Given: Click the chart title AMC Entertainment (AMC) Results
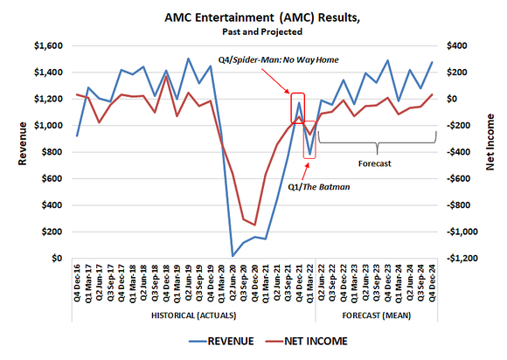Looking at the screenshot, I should tap(253, 17).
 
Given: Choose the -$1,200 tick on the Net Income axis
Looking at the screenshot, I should tap(462, 260).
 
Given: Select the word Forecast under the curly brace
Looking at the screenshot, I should tap(376, 163).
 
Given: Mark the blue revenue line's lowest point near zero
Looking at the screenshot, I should tap(233, 255).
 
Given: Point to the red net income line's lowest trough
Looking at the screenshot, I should tap(254, 225).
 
